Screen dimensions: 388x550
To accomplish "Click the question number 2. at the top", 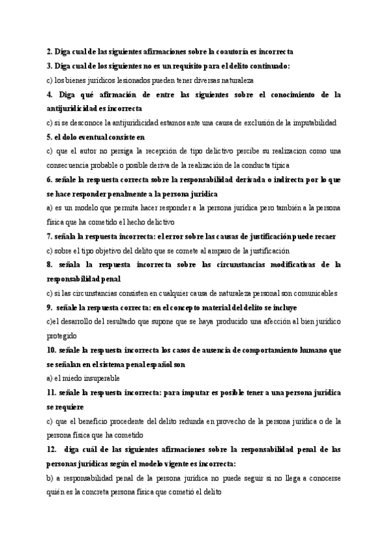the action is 50,51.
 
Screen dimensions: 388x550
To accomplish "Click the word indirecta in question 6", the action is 269,180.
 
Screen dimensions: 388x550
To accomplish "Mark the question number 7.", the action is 50,236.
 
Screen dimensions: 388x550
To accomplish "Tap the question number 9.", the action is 50,307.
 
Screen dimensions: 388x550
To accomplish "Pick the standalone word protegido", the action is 62,336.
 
